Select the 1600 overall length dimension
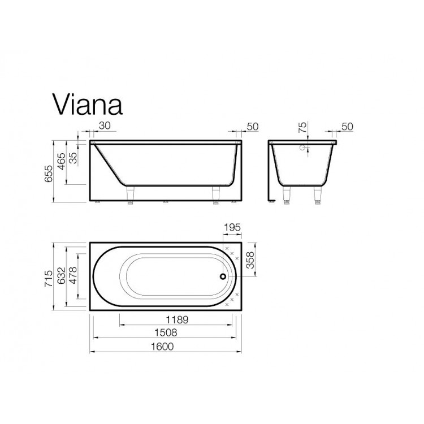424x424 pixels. pos(163,346)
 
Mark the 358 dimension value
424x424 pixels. pos(250,259)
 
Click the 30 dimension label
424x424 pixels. pos(104,127)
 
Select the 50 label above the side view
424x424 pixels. pos(252,127)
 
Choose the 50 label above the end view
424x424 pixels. pos(347,127)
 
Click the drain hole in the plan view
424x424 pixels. pos(222,276)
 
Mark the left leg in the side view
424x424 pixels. pos(131,194)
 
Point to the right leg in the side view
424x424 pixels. pos(215,194)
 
